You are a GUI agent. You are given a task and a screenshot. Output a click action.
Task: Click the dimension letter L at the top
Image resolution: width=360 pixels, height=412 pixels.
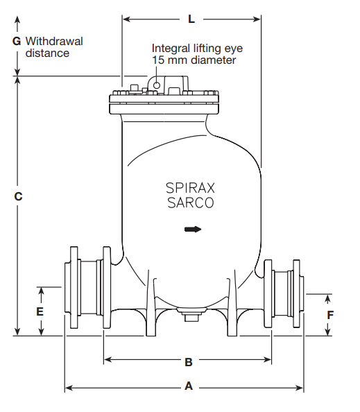pos(191,19)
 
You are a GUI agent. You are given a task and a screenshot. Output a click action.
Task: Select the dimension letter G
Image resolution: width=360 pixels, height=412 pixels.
pos(17,41)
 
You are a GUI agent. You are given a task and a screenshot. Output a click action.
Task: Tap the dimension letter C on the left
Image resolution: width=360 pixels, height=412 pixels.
pos(19,196)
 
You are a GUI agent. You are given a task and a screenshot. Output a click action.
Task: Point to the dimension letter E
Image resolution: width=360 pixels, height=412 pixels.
pos(40,311)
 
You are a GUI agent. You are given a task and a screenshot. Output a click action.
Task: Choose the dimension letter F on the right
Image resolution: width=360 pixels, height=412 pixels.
pos(330,314)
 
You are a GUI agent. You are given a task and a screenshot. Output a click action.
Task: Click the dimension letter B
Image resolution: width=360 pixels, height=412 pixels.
pos(188,361)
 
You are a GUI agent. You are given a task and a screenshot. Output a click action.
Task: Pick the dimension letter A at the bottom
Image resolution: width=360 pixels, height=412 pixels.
pos(188,387)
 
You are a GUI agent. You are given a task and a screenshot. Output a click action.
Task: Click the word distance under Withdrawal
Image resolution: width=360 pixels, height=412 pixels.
pos(48,53)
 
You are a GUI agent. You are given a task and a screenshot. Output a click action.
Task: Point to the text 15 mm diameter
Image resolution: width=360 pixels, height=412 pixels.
pos(194,60)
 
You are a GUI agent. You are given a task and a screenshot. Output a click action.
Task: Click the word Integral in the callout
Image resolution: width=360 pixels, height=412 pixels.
pos(170,49)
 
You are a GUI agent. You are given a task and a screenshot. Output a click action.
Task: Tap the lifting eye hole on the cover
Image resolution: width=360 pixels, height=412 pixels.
pos(157,85)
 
